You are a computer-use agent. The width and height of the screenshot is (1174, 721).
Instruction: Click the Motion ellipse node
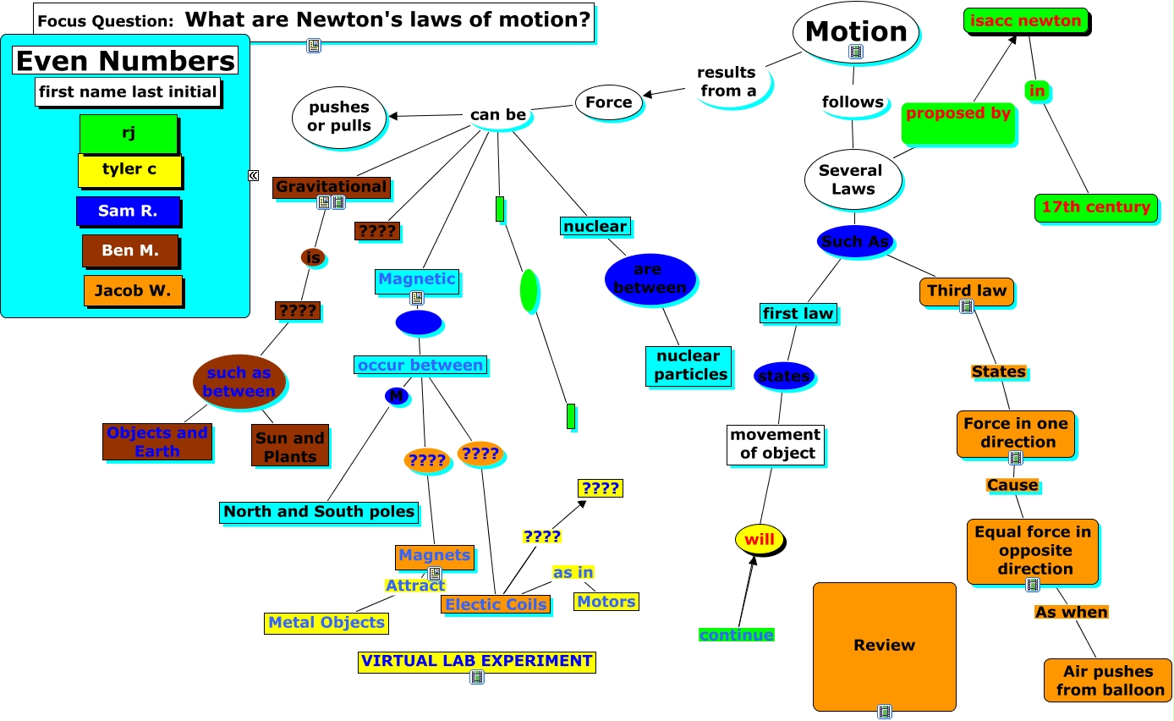pos(855,31)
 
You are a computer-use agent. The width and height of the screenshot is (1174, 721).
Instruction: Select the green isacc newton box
pos(1025,21)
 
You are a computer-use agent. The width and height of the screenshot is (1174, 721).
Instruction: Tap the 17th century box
pos(1095,207)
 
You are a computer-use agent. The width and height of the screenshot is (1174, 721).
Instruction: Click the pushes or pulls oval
pos(339,117)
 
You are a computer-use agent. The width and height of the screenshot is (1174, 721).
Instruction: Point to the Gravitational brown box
pos(331,187)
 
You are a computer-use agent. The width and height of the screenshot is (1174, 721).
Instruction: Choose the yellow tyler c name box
pos(129,170)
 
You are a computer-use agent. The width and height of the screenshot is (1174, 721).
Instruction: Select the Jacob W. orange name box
pos(133,291)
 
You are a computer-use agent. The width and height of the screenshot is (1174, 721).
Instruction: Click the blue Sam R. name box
pos(128,212)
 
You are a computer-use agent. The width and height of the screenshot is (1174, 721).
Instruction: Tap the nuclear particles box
pos(688,366)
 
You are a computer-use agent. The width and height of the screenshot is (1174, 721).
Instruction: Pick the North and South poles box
pos(319,512)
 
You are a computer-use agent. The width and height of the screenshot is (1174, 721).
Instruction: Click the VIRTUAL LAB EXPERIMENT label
pos(476,661)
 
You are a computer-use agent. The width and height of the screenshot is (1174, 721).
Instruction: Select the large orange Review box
pos(884,646)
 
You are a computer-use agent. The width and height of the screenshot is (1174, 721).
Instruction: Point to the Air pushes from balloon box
pos(1107,680)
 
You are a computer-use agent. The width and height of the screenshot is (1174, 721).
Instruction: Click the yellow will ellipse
pos(760,540)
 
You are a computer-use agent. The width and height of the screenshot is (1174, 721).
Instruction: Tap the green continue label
pos(736,635)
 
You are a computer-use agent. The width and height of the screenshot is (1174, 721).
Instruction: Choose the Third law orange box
pos(966,291)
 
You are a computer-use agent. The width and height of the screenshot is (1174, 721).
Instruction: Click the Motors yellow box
pos(606,602)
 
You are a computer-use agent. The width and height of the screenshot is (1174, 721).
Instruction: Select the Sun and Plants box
pos(290,446)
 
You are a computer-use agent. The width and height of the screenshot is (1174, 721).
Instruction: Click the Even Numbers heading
pos(125,61)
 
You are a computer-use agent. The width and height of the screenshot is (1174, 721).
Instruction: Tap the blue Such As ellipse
pos(855,241)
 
